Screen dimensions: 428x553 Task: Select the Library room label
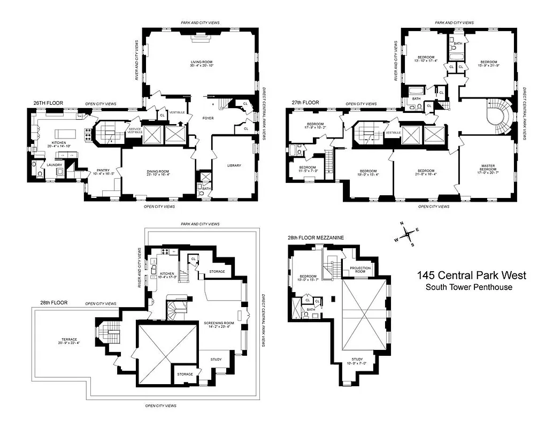(x=234, y=165)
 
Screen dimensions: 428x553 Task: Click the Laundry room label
(x=55, y=165)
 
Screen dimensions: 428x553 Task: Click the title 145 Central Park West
(x=471, y=276)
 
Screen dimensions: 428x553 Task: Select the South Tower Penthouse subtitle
(x=468, y=287)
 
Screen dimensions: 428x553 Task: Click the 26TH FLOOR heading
(x=45, y=102)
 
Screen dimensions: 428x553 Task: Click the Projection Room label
(x=360, y=270)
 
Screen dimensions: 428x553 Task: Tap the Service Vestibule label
(x=134, y=132)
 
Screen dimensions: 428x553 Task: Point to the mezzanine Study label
(x=357, y=361)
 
